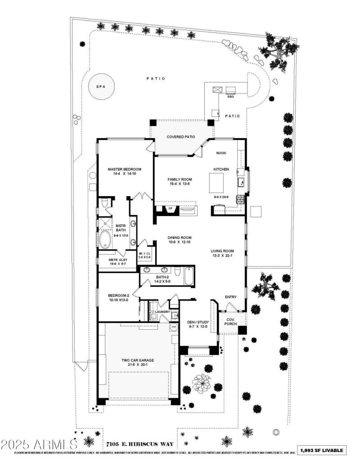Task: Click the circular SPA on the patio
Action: (x=101, y=86)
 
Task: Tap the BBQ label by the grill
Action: (x=230, y=96)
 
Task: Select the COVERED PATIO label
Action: (x=181, y=137)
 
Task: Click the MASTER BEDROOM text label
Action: (x=125, y=170)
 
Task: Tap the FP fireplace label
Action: (x=171, y=209)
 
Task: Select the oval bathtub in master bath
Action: (x=105, y=240)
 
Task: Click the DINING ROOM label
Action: (x=180, y=237)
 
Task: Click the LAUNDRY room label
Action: (x=162, y=311)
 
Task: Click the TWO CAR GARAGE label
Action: (x=138, y=360)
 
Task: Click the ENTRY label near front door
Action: (x=231, y=297)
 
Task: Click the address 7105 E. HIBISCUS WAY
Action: (x=133, y=444)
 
